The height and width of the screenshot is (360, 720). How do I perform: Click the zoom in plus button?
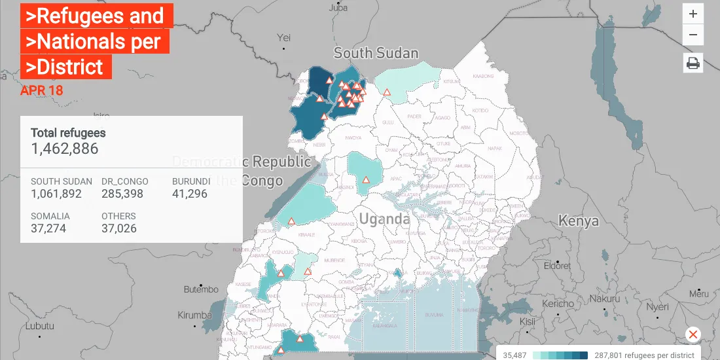pyautogui.click(x=693, y=14)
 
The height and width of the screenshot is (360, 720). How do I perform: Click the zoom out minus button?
pyautogui.click(x=693, y=35)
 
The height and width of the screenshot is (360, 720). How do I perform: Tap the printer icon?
pyautogui.click(x=693, y=63)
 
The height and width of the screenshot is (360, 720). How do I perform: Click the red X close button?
pyautogui.click(x=693, y=334)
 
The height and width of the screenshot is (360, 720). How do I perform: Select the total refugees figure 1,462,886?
pyautogui.click(x=65, y=149)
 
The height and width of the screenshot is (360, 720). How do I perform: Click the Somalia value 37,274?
pyautogui.click(x=48, y=228)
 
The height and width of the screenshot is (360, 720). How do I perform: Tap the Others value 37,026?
pyautogui.click(x=119, y=228)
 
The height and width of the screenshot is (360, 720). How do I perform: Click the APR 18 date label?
pyautogui.click(x=42, y=90)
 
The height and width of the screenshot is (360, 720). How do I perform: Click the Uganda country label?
pyautogui.click(x=384, y=219)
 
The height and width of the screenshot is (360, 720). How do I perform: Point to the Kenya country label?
pyautogui.click(x=578, y=221)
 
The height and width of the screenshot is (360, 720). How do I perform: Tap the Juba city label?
pyautogui.click(x=338, y=8)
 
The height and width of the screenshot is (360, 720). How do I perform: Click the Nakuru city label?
pyautogui.click(x=604, y=298)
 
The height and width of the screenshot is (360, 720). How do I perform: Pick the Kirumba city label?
pyautogui.click(x=195, y=315)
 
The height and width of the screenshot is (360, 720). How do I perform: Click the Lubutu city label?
pyautogui.click(x=40, y=326)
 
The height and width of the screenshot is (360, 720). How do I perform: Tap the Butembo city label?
pyautogui.click(x=201, y=289)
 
